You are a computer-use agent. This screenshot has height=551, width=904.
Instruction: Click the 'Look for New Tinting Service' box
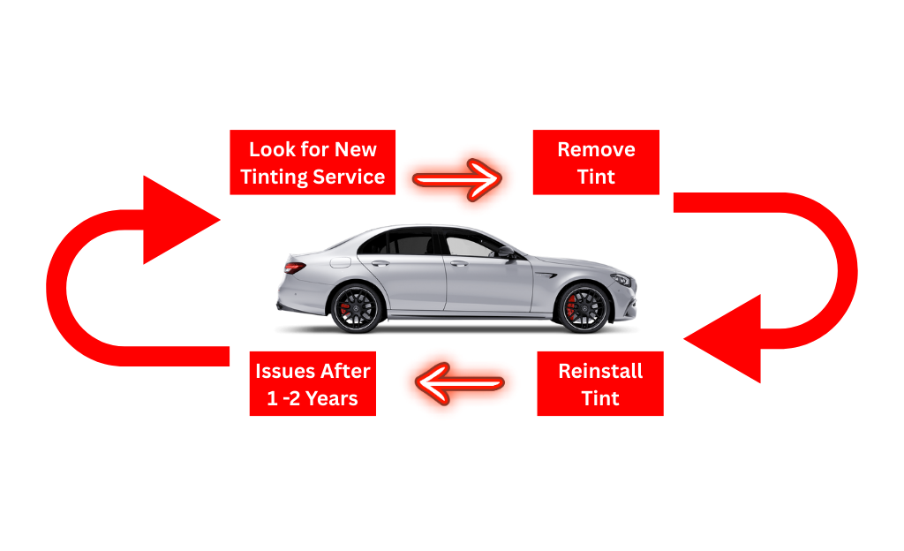[313, 162]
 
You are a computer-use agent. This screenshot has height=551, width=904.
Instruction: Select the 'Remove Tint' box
[596, 162]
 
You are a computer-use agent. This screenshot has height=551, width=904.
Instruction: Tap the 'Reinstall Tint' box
[599, 384]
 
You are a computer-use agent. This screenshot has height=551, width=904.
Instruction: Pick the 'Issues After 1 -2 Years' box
[313, 384]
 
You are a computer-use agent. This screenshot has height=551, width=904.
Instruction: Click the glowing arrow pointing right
[456, 179]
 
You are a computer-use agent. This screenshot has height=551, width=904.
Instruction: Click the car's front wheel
[584, 308]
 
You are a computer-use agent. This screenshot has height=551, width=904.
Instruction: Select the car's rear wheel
[355, 308]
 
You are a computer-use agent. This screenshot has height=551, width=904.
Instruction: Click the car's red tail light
[295, 268]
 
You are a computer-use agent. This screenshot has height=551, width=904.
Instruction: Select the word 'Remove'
[596, 149]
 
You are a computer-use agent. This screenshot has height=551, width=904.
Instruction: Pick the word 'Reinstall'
[600, 371]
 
